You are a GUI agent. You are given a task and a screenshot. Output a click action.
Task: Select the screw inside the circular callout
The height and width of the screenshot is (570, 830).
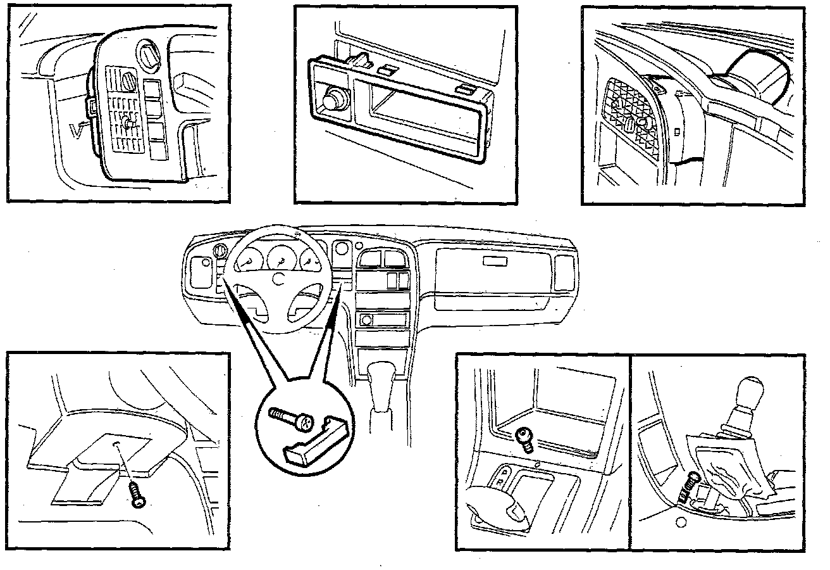pos(292,419)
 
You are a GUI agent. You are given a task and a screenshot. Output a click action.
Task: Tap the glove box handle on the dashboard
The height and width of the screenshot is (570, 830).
pos(493,261)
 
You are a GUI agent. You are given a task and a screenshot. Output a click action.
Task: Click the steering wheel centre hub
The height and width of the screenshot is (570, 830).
pos(276,277)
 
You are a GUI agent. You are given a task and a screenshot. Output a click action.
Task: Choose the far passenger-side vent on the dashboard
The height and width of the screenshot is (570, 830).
pos(564,273)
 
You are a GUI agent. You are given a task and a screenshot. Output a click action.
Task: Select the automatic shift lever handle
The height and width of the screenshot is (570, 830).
pos(500,507)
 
